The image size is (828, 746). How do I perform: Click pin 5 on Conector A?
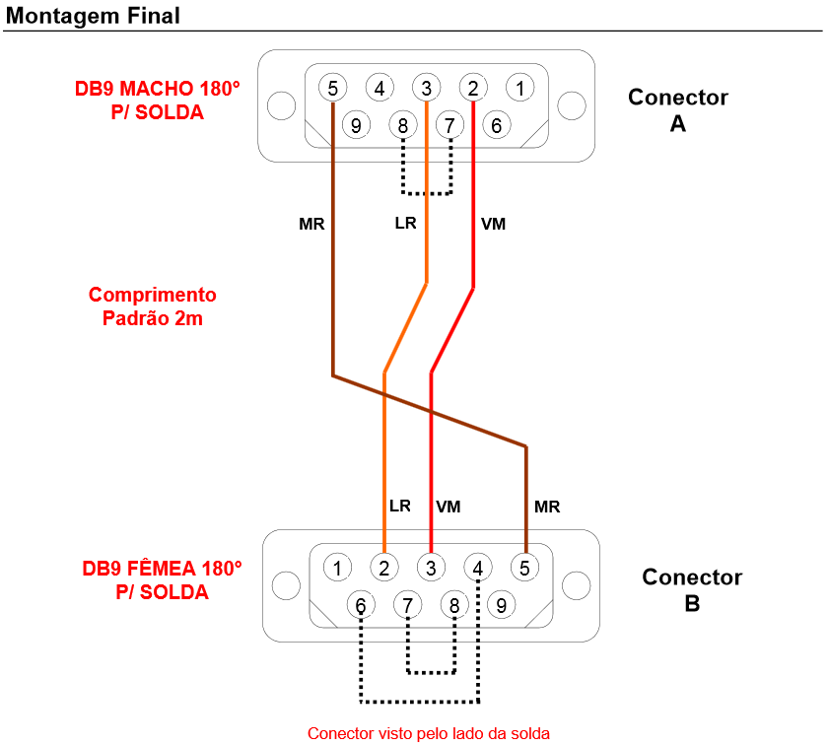(x=333, y=88)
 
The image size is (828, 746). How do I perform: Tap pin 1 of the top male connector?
(x=520, y=88)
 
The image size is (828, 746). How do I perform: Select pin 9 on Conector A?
(x=356, y=125)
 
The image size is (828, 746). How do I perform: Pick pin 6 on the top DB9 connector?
(x=497, y=125)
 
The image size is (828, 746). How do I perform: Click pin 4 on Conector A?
(x=379, y=88)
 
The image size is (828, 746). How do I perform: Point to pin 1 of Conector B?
(x=337, y=568)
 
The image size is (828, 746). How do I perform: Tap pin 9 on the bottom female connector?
(x=501, y=605)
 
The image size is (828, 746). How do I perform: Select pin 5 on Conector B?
(x=524, y=568)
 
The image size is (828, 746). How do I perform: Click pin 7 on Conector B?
(x=408, y=605)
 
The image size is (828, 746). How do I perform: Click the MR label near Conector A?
(x=311, y=224)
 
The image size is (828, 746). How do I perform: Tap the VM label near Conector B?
(x=448, y=507)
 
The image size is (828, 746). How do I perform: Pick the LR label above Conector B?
(x=400, y=506)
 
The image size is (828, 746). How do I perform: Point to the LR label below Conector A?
(x=405, y=223)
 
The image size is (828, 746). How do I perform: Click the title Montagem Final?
(x=93, y=16)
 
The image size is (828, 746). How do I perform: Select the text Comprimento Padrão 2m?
(x=153, y=306)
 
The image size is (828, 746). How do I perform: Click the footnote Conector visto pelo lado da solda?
(x=428, y=733)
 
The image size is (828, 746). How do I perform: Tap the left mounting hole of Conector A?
(x=282, y=105)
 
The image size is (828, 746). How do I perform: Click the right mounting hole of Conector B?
(x=576, y=585)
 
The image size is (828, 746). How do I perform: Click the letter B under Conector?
(x=692, y=603)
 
